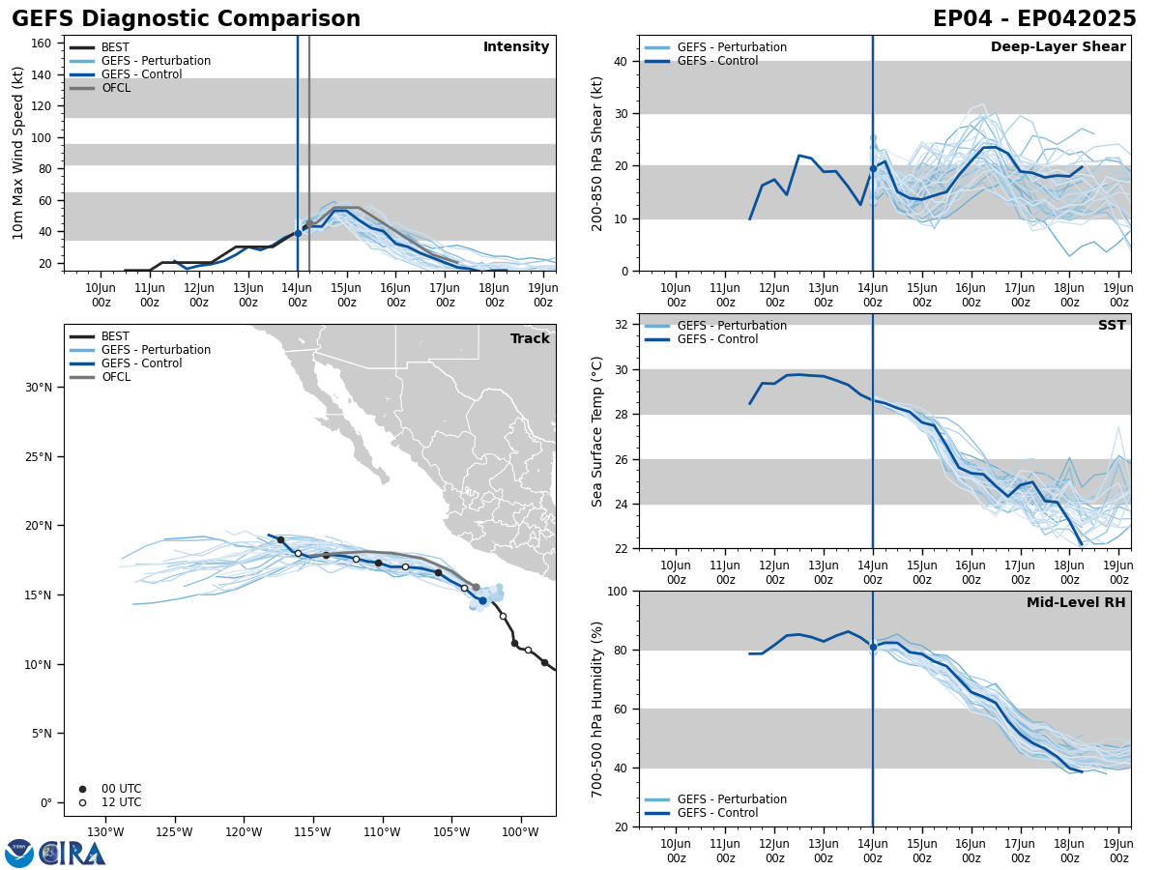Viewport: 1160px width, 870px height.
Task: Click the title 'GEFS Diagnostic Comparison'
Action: pos(186,19)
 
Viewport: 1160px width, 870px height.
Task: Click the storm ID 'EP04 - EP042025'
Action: pos(1034,19)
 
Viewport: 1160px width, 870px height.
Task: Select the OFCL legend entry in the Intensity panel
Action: pos(115,88)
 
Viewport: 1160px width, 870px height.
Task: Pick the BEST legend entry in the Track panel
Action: pos(115,336)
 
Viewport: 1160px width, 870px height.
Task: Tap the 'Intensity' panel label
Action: pos(516,47)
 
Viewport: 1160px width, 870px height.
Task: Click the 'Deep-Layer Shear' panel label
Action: pos(1058,47)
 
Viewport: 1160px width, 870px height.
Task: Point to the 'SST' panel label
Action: pos(1112,326)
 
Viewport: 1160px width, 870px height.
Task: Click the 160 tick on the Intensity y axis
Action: pos(42,43)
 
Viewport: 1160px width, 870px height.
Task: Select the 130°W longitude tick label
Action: pos(105,832)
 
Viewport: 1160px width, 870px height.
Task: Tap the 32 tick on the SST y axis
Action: pos(622,325)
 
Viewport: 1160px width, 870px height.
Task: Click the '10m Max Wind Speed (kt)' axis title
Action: pos(18,153)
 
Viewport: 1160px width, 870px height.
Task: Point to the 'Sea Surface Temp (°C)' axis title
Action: pos(597,431)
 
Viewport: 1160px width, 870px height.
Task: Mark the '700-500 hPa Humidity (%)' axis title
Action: pos(597,709)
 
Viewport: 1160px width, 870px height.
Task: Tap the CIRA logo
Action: pos(55,854)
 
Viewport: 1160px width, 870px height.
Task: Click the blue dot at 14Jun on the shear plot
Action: pos(873,168)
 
